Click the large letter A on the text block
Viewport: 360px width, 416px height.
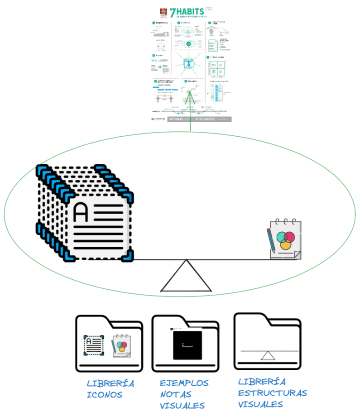pos(81,212)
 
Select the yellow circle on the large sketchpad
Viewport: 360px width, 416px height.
pos(286,245)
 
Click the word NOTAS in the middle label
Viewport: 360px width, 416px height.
pos(175,394)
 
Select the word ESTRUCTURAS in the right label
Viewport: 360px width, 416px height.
pos(272,392)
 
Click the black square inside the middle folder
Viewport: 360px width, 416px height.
pos(187,345)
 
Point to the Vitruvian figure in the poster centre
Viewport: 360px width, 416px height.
pos(190,63)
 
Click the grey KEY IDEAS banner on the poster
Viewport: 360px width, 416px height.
pos(199,119)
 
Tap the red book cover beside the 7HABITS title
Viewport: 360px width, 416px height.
pos(163,12)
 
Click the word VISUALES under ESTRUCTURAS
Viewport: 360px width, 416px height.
pos(260,404)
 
